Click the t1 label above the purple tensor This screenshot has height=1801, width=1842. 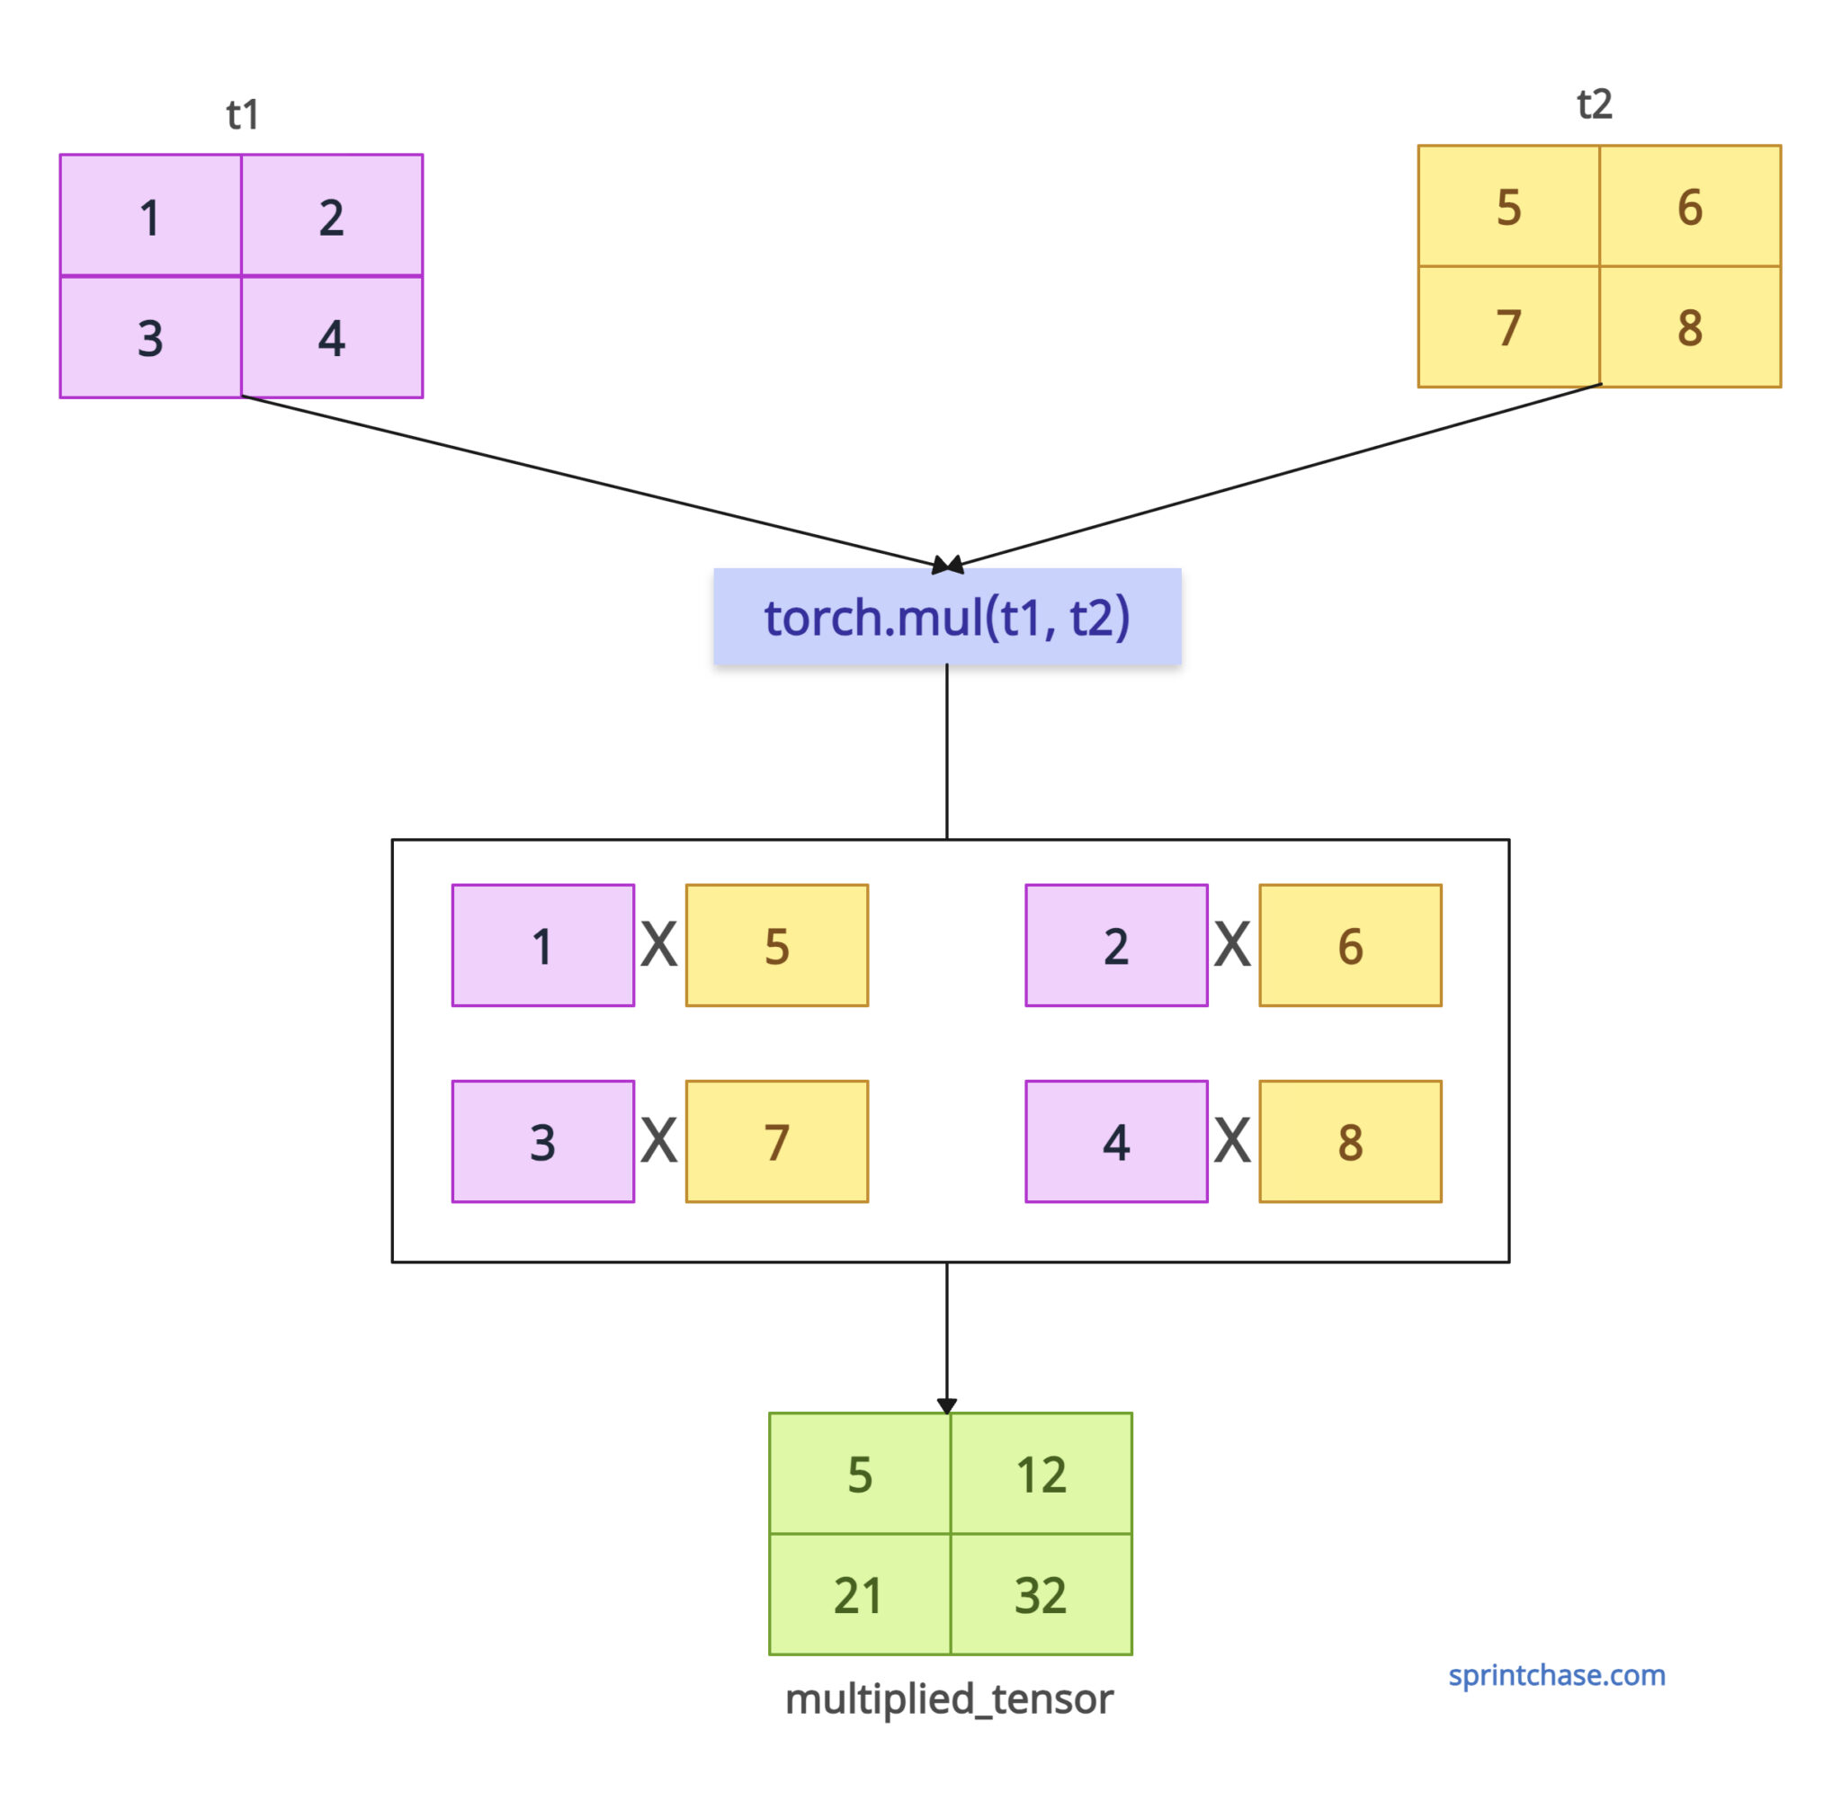[242, 115]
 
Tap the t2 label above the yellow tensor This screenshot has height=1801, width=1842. [1594, 104]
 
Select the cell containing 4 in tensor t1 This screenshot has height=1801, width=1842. [332, 338]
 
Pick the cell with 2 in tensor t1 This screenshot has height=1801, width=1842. [332, 217]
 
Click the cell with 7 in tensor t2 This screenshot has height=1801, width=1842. [1508, 327]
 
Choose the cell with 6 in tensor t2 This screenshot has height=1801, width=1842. [1690, 206]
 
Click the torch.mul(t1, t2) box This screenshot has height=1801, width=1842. [947, 617]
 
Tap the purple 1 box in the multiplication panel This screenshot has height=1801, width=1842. [543, 946]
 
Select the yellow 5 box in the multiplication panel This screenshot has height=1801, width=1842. [777, 946]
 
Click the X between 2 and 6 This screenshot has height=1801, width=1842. [1232, 946]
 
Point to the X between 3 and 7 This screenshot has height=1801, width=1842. [658, 1141]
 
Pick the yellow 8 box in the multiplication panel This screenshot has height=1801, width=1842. [1350, 1142]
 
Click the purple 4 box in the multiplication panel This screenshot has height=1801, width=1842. [1116, 1142]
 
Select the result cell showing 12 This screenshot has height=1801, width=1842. [1041, 1474]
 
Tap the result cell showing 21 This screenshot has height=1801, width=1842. [859, 1595]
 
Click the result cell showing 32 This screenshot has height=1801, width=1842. [1041, 1595]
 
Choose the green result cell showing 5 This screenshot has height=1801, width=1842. [859, 1474]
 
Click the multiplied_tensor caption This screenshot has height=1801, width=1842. [949, 1698]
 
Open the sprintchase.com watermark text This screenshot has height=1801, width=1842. [1556, 1675]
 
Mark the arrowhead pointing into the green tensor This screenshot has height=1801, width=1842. [947, 1405]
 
